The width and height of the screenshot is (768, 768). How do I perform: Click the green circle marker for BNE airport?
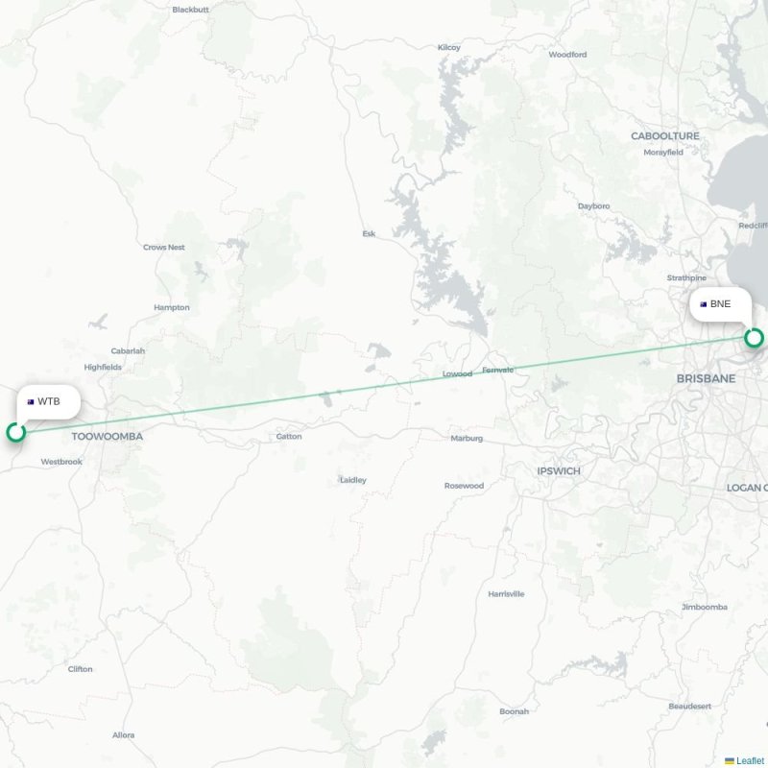click(x=754, y=338)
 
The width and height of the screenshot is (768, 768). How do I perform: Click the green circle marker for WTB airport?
click(x=15, y=432)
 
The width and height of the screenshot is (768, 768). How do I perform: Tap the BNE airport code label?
click(x=720, y=304)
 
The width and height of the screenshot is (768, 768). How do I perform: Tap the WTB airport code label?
click(x=49, y=401)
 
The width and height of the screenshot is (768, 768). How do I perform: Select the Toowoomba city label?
click(x=107, y=436)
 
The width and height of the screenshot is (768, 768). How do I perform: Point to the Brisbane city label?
click(x=706, y=379)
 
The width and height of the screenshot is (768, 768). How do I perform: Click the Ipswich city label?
click(x=559, y=471)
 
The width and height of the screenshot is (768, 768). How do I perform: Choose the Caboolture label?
click(x=665, y=136)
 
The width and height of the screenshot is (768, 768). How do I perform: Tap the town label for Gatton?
click(x=288, y=437)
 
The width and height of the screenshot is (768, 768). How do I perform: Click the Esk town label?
click(x=369, y=233)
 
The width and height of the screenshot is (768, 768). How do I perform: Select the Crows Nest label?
click(x=163, y=248)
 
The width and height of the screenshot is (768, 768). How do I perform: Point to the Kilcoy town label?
click(x=448, y=47)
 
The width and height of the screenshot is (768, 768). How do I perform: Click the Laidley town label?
click(x=352, y=480)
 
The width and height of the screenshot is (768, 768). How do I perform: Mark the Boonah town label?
click(x=514, y=711)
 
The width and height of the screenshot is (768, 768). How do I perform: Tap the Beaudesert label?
click(x=689, y=706)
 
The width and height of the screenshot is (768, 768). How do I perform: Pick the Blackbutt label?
click(x=190, y=10)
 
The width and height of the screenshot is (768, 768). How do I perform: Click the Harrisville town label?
click(x=506, y=594)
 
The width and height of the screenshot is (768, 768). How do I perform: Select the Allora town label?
click(x=123, y=735)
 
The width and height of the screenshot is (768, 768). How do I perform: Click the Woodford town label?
click(x=567, y=55)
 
